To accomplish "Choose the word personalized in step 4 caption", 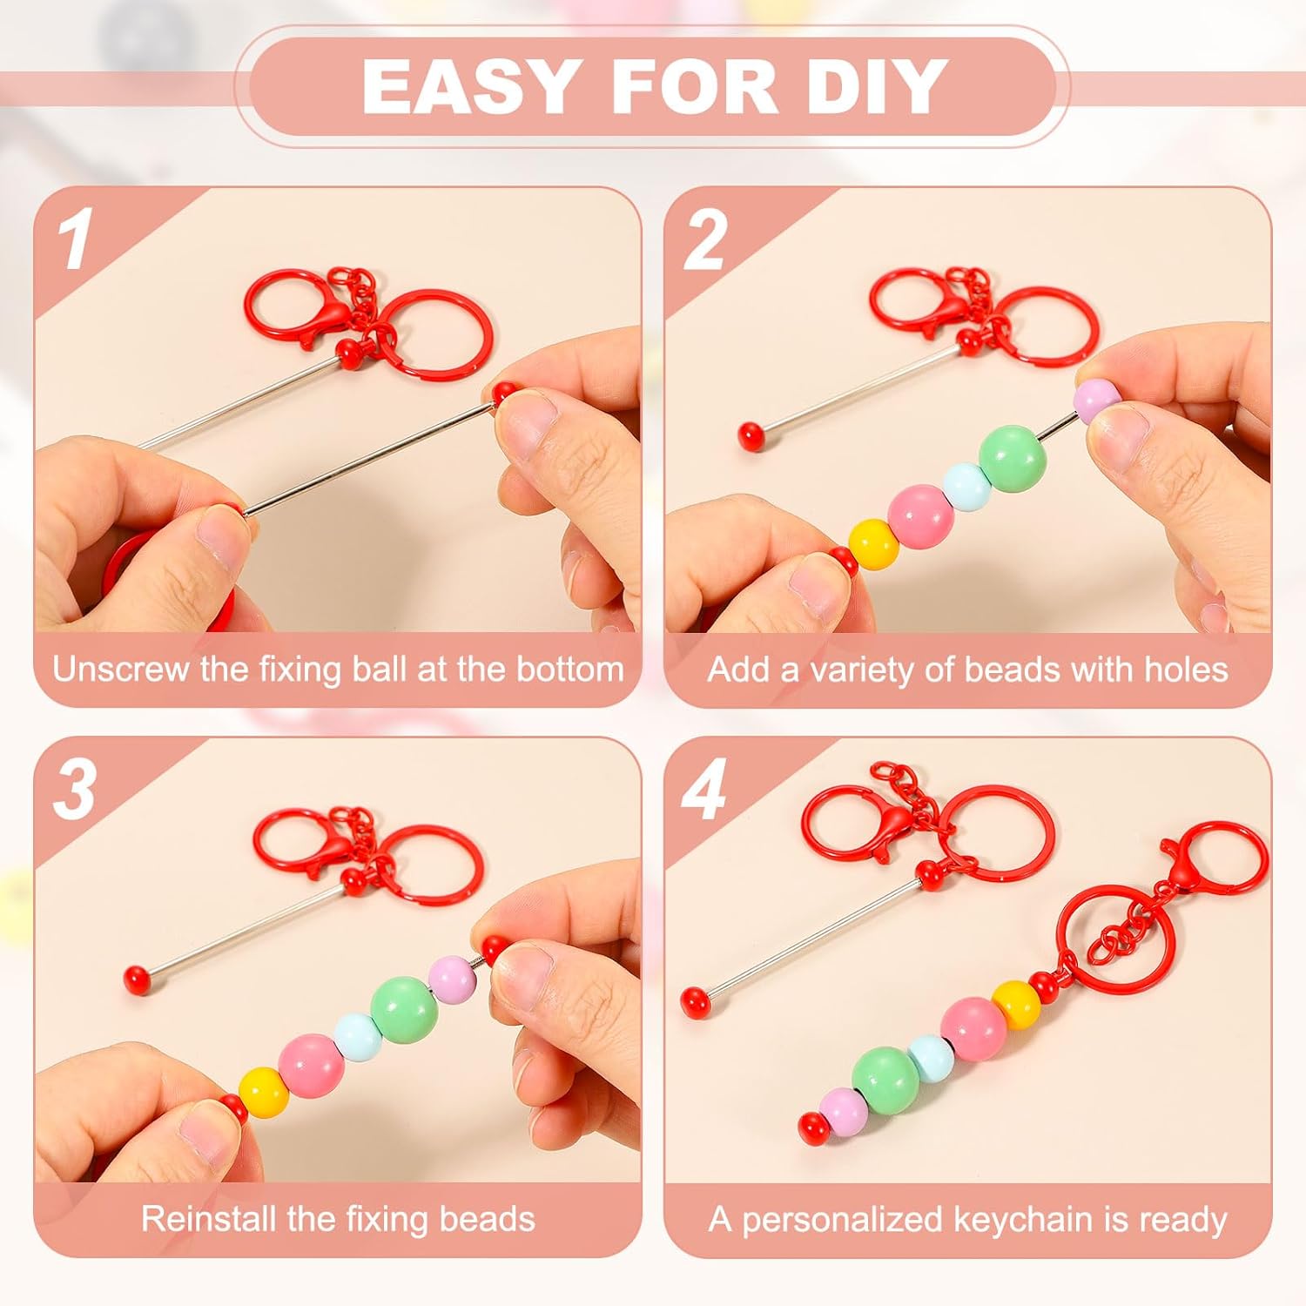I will [842, 1219].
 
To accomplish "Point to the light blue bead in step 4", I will [931, 1057].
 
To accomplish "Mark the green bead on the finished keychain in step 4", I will [885, 1080].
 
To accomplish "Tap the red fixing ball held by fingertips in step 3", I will [495, 948].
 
